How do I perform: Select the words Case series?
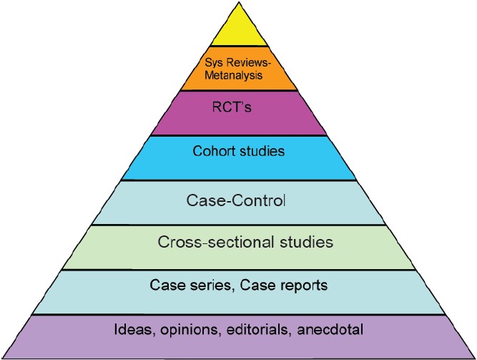[185, 285]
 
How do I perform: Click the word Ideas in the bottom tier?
[132, 331]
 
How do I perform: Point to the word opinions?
[184, 331]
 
